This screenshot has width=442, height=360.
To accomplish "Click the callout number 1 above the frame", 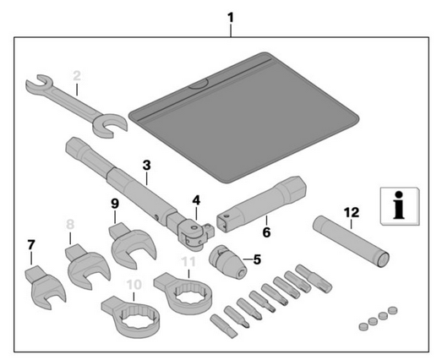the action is (x=231, y=19).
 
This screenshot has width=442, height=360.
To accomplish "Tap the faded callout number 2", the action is (x=77, y=76).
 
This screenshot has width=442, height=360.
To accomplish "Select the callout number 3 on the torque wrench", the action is (x=146, y=166).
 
